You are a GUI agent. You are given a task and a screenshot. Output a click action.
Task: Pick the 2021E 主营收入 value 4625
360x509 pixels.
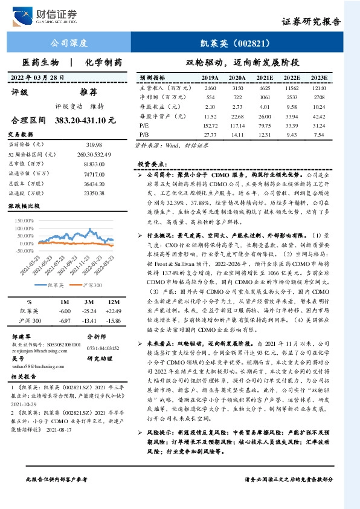point(265,88)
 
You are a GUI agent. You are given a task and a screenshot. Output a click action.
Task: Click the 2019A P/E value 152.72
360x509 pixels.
point(210,125)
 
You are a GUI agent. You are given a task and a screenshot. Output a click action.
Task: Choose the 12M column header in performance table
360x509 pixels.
point(114,284)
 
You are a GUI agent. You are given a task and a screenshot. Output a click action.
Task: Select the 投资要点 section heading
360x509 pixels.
point(152,164)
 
